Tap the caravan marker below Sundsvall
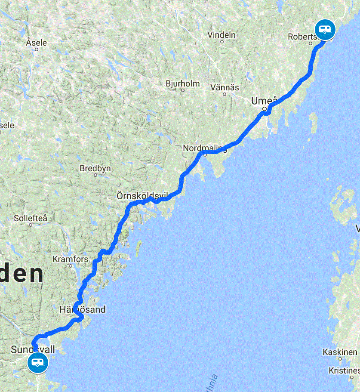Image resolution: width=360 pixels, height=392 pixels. pyautogui.click(x=37, y=363)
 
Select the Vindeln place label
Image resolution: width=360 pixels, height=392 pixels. pyautogui.click(x=222, y=34)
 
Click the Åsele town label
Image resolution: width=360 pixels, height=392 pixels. pyautogui.click(x=36, y=43)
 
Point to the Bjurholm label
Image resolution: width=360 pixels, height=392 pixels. pyautogui.click(x=183, y=83)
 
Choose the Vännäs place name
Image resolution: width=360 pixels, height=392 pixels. pyautogui.click(x=225, y=87)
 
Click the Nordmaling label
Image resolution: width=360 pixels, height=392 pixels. pyautogui.click(x=205, y=148)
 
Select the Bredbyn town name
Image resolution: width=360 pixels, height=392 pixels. pyautogui.click(x=95, y=169)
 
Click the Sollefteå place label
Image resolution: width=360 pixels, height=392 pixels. pyautogui.click(x=31, y=218)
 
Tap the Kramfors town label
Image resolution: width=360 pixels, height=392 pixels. pyautogui.click(x=70, y=259)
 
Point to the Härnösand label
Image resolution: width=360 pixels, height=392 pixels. pyautogui.click(x=82, y=309)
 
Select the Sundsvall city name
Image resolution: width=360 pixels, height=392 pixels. pyautogui.click(x=33, y=349)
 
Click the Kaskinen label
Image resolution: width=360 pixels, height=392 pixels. pyautogui.click(x=341, y=352)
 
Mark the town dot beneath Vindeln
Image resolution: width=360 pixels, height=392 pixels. pyautogui.click(x=222, y=42)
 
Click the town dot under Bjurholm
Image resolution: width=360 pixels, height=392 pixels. pyautogui.click(x=183, y=90)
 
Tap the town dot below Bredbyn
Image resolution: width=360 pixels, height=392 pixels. pyautogui.click(x=95, y=175)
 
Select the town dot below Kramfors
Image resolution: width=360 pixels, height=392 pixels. pyautogui.click(x=71, y=266)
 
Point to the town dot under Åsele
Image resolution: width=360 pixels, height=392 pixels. pyautogui.click(x=37, y=49)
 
